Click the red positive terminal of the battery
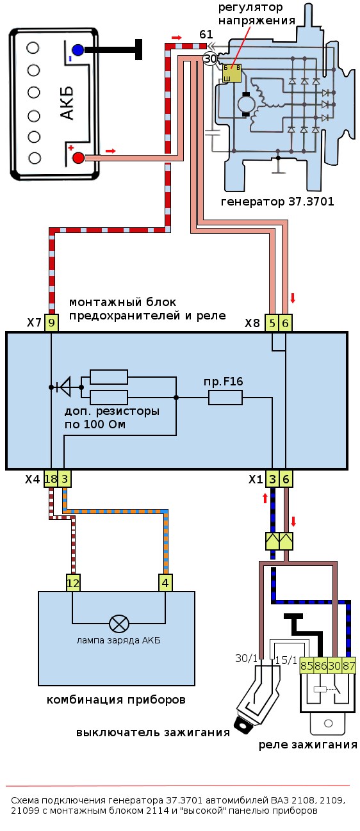click(x=78, y=157)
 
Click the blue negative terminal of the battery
click(x=78, y=49)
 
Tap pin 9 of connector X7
click(x=51, y=323)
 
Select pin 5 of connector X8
click(x=273, y=323)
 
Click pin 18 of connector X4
click(x=51, y=479)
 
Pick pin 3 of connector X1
click(x=272, y=479)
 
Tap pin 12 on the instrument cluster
click(x=73, y=583)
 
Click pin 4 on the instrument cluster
click(x=166, y=583)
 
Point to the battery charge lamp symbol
click(x=119, y=623)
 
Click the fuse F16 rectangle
click(x=225, y=398)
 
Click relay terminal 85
click(x=306, y=666)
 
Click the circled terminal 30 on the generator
click(x=210, y=59)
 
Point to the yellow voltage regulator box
click(x=231, y=72)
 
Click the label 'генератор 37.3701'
click(x=277, y=202)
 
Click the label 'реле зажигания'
click(x=307, y=745)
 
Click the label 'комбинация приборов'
click(x=116, y=700)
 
